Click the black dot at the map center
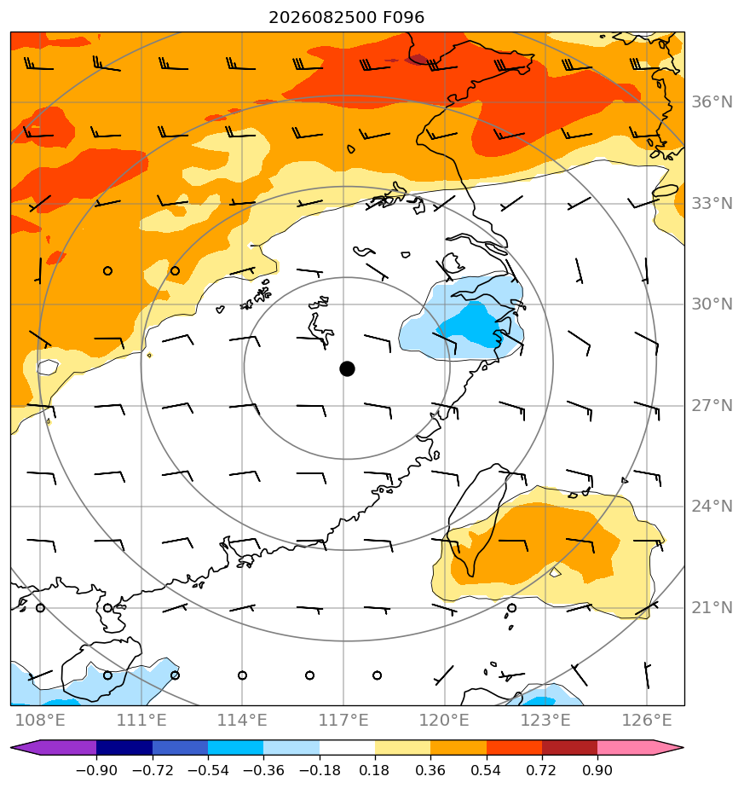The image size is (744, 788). [x=347, y=368]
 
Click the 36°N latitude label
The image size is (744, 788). [x=712, y=102]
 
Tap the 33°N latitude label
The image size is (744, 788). [x=712, y=204]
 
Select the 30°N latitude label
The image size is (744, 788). [x=712, y=304]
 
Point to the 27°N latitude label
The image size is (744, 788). [x=712, y=406]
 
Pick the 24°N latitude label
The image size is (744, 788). [x=712, y=506]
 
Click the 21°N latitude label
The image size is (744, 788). [x=712, y=607]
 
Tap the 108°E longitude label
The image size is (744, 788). [x=40, y=720]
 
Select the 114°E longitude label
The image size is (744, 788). [x=242, y=720]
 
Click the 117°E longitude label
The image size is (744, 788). [x=343, y=720]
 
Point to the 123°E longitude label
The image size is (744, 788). [x=545, y=720]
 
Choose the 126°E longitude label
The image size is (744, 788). [x=647, y=720]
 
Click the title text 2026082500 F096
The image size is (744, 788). [x=347, y=18]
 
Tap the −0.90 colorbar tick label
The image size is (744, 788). [x=96, y=770]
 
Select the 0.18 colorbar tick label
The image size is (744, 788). [x=375, y=770]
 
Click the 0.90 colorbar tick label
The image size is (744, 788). [x=597, y=770]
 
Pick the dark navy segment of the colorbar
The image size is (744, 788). [x=124, y=747]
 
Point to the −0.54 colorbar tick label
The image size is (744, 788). [x=207, y=770]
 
